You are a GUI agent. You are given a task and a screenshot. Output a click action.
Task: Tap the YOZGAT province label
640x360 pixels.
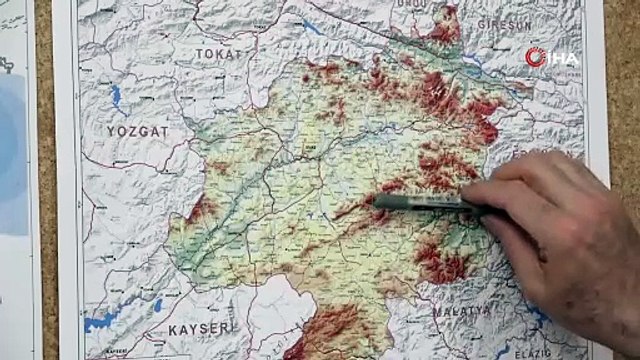pos(138,131)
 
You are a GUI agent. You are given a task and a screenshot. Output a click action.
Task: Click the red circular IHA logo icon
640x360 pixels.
pos(536,56)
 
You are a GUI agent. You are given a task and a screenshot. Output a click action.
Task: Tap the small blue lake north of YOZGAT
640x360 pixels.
pos(115,97)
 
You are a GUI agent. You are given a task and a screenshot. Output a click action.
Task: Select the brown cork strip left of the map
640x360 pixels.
pos(46,200)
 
